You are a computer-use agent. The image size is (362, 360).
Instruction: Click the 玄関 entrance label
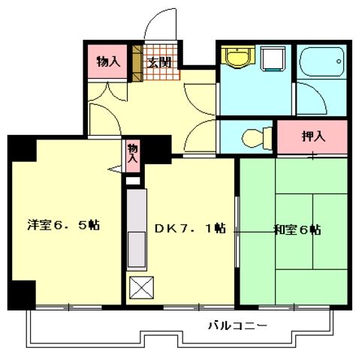coord(157,62)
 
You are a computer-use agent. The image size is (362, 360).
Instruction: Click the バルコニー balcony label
coord(238,326)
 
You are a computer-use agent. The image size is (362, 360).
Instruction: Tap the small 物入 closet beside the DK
coord(133,155)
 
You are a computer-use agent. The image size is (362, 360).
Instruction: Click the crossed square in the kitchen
coord(140,288)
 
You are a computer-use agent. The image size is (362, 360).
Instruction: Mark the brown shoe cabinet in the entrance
coord(137,64)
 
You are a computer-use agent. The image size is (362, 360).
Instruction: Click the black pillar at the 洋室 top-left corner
coord(21,148)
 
